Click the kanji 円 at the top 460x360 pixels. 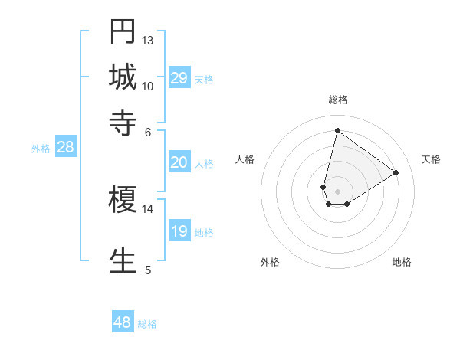pos(123,32)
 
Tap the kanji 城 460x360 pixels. pos(123,77)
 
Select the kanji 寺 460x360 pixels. pos(123,120)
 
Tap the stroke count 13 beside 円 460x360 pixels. pos(148,40)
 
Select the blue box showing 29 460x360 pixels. pos(179,78)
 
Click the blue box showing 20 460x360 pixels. pos(179,162)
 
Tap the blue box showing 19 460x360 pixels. pos(179,231)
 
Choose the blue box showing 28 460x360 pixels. pos(65,148)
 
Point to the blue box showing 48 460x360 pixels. pos(123,322)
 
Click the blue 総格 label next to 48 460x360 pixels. pos(147,324)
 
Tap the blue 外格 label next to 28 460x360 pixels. pos(41,149)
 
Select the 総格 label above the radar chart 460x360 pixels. pos(337,100)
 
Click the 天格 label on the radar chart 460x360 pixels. pos(431,159)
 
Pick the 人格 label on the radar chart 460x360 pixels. pos(245,159)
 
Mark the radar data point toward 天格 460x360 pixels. pos(396,172)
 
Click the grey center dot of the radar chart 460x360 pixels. pos(337,190)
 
